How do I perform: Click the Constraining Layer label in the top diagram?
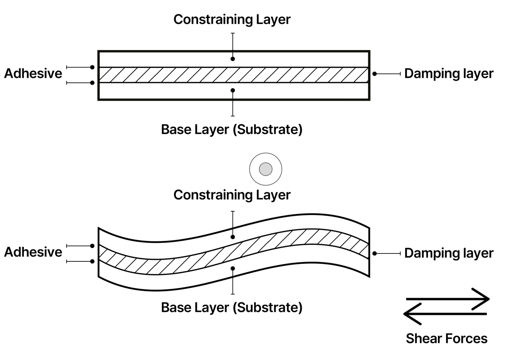[232, 19]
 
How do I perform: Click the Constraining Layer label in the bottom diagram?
[232, 195]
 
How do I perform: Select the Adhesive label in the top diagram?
[33, 74]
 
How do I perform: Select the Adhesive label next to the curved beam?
[33, 252]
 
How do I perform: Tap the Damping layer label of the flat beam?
[449, 74]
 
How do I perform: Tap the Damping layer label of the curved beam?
[449, 253]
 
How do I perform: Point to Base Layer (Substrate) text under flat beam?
[231, 130]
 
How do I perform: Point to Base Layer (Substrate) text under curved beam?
[231, 307]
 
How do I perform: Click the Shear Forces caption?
[446, 338]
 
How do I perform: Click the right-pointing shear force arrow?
[447, 299]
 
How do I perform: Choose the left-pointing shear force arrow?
[445, 314]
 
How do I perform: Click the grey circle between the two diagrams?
[265, 169]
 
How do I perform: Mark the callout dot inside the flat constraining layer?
[233, 59]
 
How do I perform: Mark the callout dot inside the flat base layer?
[233, 90]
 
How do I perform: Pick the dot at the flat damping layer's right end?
[375, 74]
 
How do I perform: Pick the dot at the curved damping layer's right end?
[375, 253]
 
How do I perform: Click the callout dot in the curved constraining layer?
[233, 237]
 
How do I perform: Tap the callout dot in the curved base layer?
[233, 268]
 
